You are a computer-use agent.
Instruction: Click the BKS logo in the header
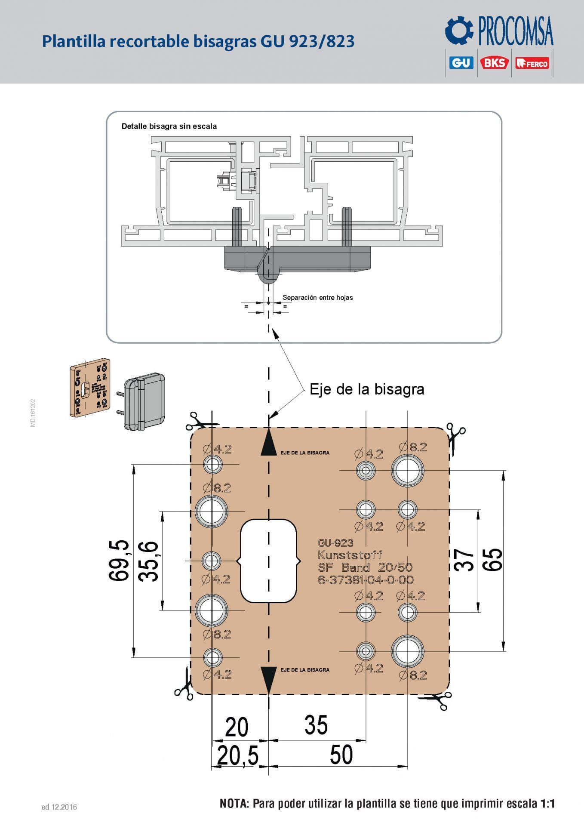tap(495, 63)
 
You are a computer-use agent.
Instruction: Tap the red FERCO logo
tap(532, 63)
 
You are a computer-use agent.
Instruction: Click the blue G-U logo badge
tap(461, 63)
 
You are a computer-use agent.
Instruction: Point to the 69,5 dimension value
tap(119, 561)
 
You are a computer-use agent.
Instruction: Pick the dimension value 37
tap(464, 560)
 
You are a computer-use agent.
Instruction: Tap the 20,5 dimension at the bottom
tap(237, 755)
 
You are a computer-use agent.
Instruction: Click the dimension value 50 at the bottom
tap(341, 755)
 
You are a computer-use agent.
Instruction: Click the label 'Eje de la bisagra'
tap(367, 389)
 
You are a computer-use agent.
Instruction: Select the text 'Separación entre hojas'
tap(317, 297)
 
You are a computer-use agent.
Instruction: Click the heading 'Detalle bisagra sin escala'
tap(169, 126)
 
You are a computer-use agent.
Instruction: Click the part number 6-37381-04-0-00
tap(366, 580)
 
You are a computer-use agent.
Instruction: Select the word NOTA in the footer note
tap(234, 803)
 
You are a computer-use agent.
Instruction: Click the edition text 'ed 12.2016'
tap(59, 807)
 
